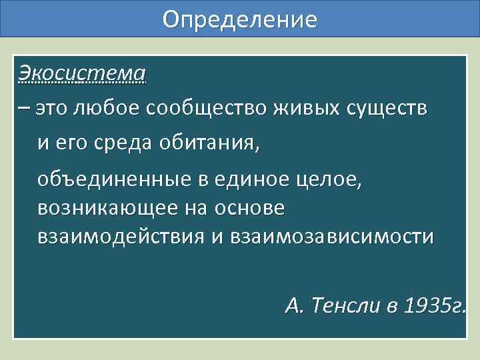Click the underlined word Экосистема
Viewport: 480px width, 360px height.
pyautogui.click(x=82, y=71)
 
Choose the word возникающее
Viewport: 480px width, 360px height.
pyautogui.click(x=107, y=208)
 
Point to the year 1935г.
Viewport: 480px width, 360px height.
pyautogui.click(x=434, y=307)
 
